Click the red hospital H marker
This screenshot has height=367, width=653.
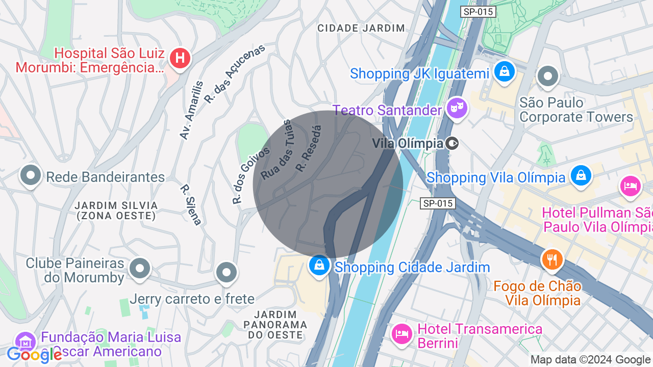coord(180,58)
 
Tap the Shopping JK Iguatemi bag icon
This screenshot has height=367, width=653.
coord(504,71)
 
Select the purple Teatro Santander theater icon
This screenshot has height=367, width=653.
coord(457,108)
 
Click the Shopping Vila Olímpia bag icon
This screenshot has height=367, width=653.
coord(581,175)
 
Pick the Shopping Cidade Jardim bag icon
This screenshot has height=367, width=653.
coord(319,266)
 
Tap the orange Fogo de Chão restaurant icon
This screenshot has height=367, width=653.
coord(551,259)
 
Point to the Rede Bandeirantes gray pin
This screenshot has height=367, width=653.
coord(31,175)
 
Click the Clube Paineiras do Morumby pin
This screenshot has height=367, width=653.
coord(140,268)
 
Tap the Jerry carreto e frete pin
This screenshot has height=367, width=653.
coord(226,272)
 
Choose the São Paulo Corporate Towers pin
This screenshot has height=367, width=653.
coord(548,76)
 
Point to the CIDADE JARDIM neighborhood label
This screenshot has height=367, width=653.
coord(361,28)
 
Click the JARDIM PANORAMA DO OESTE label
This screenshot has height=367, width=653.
coord(275,324)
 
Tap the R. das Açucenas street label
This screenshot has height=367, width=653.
coord(235,74)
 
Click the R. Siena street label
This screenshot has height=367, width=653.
coord(191,204)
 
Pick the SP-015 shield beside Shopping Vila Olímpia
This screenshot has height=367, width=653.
coord(437,203)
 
